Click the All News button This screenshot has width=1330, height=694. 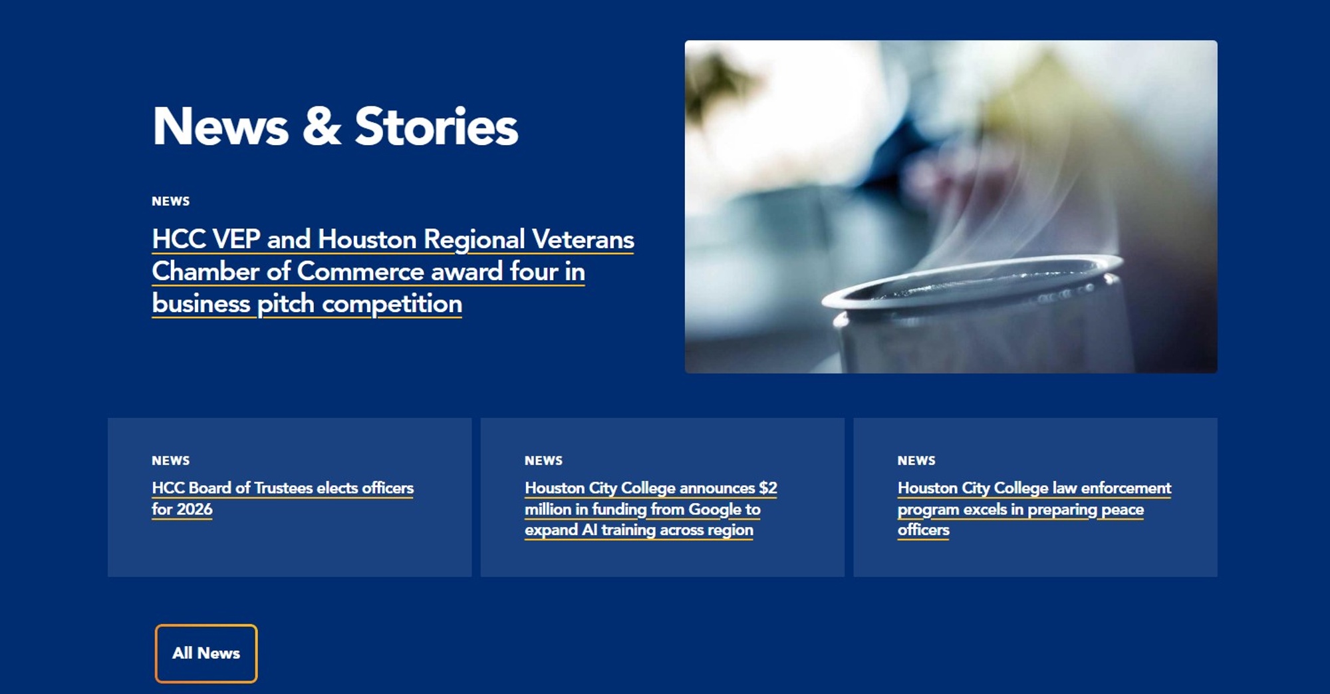tap(206, 653)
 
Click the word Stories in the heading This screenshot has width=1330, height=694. tap(436, 126)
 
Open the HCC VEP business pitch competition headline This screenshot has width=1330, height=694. tap(393, 271)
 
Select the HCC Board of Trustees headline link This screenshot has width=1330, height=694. tap(283, 498)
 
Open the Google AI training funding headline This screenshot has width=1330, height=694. tap(651, 509)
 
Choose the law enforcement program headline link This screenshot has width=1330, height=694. tap(1034, 509)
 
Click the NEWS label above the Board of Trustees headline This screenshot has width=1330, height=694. tap(171, 460)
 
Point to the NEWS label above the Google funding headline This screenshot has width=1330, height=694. tap(543, 460)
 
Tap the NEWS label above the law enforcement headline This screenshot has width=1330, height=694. tap(916, 460)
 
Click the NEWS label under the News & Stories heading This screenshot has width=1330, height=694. tap(171, 201)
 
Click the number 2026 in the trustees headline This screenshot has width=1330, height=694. tap(195, 509)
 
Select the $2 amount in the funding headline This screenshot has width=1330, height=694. tap(768, 488)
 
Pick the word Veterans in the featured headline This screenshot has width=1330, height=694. tap(583, 240)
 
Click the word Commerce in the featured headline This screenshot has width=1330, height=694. tap(360, 271)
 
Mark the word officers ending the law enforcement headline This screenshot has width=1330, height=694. tap(924, 530)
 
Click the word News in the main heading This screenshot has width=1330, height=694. tap(221, 126)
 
